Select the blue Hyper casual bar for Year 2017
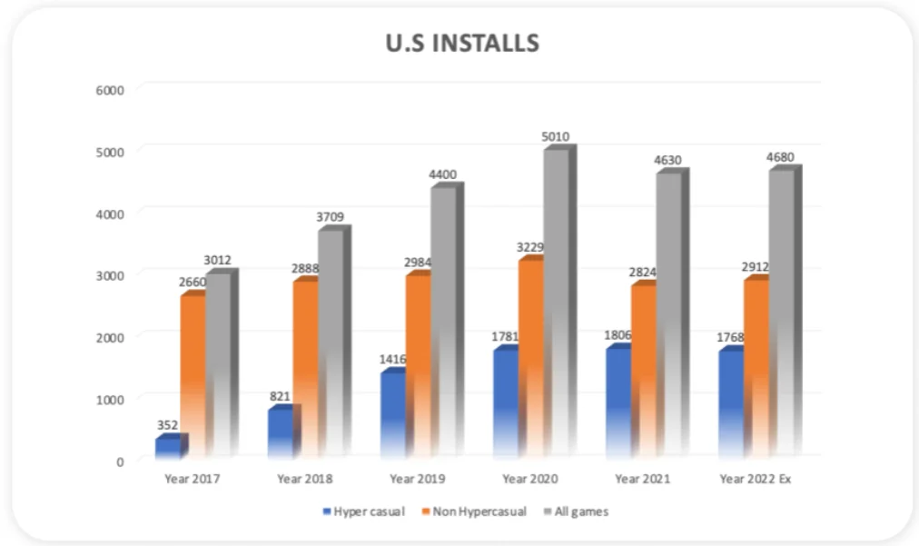pyautogui.click(x=168, y=447)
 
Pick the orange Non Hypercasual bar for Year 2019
pyautogui.click(x=418, y=363)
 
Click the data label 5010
pyautogui.click(x=555, y=137)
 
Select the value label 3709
pyautogui.click(x=331, y=216)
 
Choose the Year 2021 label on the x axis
pyautogui.click(x=642, y=478)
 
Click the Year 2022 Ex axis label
pyautogui.click(x=756, y=478)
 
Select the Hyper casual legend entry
pyautogui.click(x=362, y=511)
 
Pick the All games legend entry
pyautogui.click(x=576, y=511)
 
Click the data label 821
pyautogui.click(x=280, y=396)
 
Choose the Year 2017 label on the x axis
pyautogui.click(x=192, y=478)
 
